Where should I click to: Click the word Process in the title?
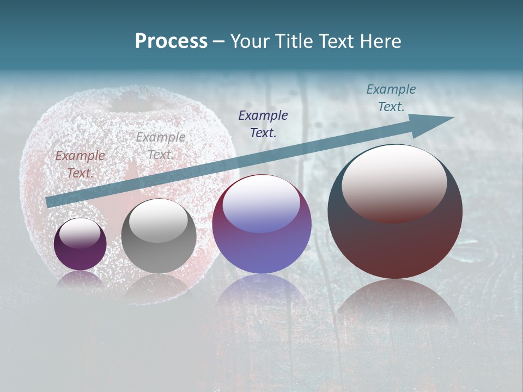[x=171, y=41]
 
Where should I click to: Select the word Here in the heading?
[x=380, y=41]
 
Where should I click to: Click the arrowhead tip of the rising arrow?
[x=452, y=118]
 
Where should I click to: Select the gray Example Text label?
[x=160, y=146]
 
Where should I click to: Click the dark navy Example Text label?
[x=263, y=124]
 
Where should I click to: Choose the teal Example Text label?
[x=391, y=98]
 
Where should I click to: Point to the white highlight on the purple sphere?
[x=80, y=233]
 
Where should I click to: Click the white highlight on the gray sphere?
[x=158, y=220]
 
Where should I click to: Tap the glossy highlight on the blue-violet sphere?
[x=261, y=204]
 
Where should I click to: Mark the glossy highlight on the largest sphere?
[x=394, y=183]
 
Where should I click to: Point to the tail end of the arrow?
[x=48, y=202]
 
